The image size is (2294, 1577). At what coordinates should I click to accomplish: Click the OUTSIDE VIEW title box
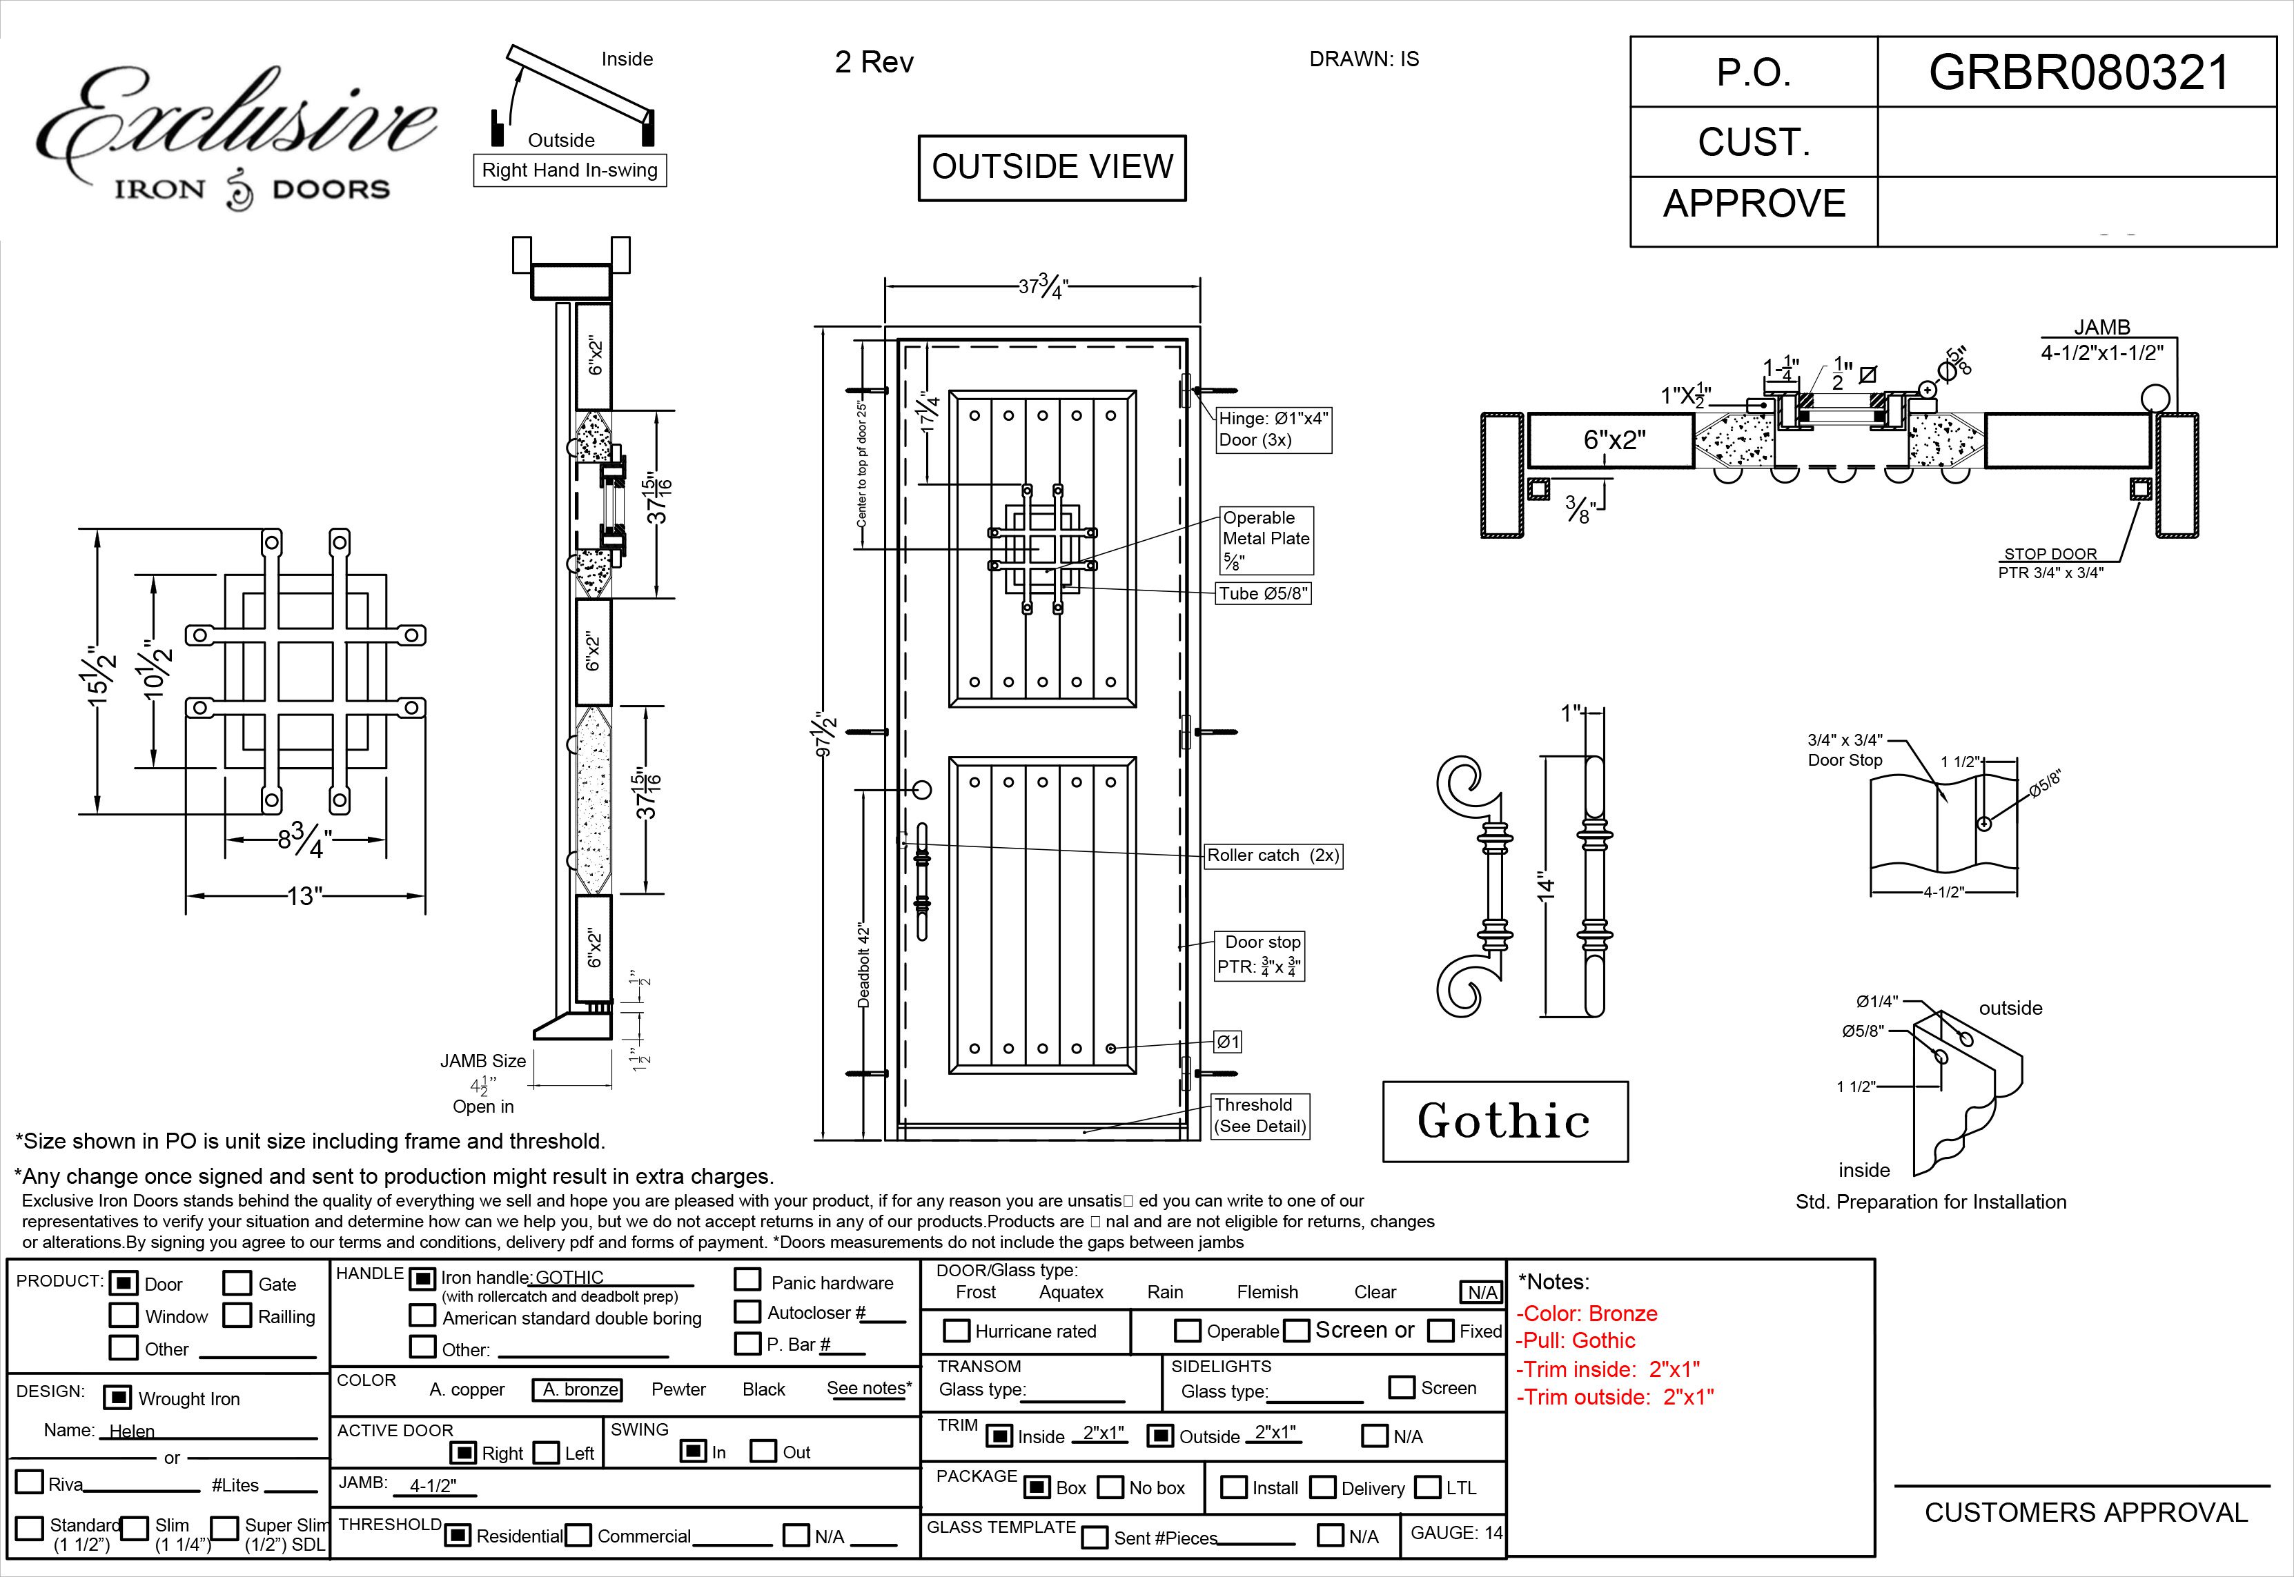click(1052, 167)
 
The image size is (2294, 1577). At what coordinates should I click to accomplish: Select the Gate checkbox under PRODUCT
click(237, 1282)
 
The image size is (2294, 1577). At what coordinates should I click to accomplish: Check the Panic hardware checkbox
click(747, 1280)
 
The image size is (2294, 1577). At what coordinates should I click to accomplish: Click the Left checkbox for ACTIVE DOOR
click(547, 1453)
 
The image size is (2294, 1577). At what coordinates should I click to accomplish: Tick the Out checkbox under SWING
click(763, 1451)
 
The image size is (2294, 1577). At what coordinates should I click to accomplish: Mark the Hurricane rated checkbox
click(956, 1331)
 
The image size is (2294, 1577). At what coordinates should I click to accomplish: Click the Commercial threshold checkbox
click(579, 1536)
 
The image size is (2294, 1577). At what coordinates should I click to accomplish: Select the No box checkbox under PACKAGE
click(1111, 1487)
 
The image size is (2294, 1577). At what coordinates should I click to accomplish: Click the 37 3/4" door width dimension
click(1043, 288)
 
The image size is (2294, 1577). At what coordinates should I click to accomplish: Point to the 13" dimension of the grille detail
click(304, 896)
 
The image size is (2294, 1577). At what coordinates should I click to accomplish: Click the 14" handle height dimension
click(1547, 886)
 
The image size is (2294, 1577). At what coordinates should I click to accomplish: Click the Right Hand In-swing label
click(569, 170)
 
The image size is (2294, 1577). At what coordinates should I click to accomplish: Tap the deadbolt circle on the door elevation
click(921, 791)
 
